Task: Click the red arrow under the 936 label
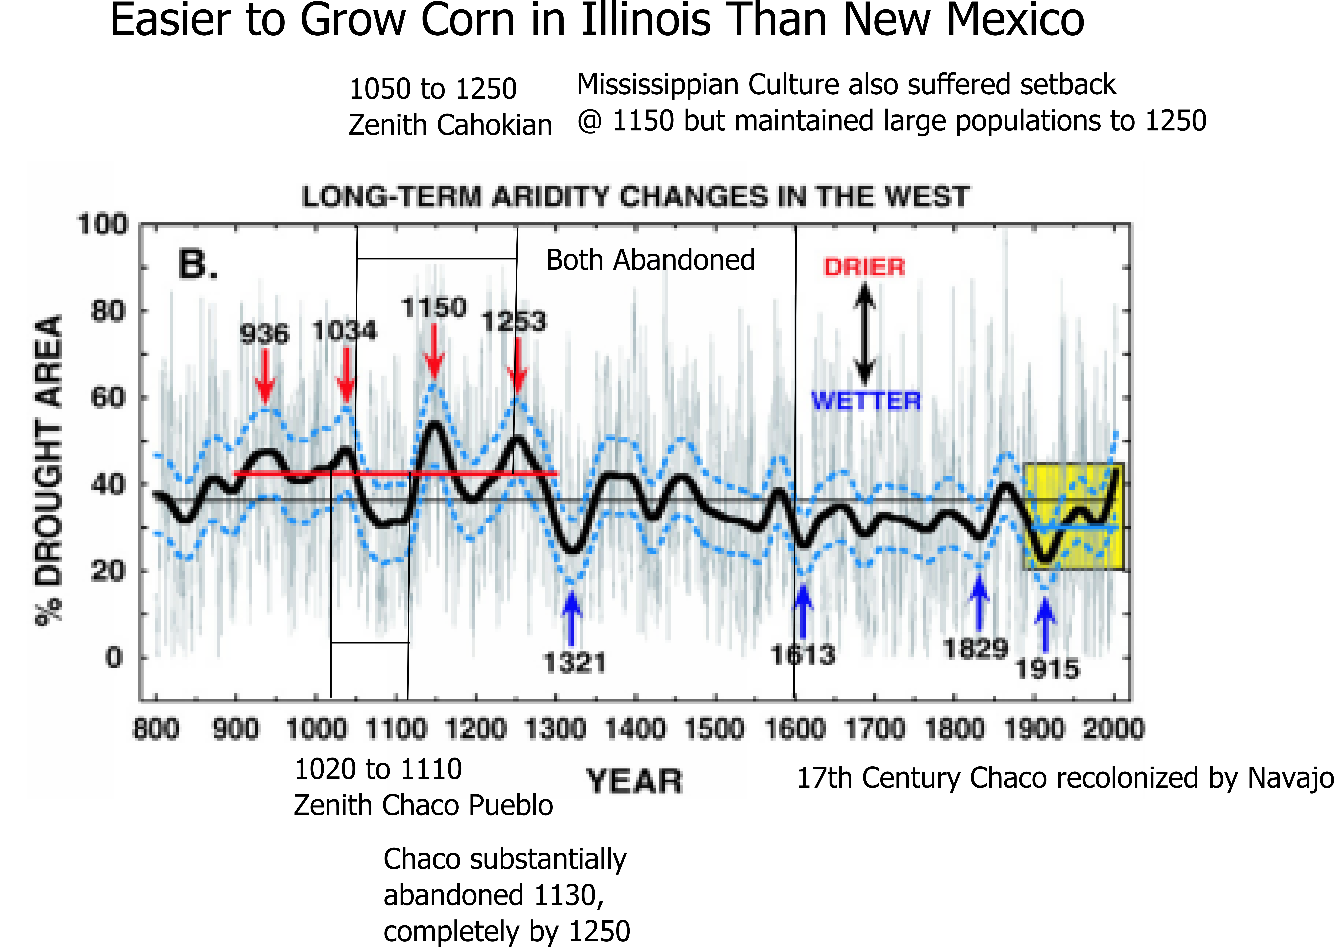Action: [265, 376]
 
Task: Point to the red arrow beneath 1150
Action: [434, 351]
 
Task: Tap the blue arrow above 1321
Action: [571, 618]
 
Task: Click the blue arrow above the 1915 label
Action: [1045, 626]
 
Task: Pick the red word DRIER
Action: [865, 267]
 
